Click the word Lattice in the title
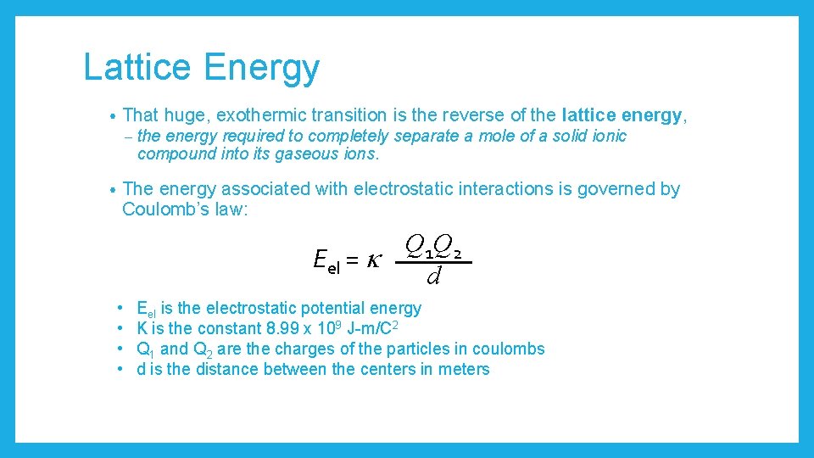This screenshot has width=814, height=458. point(137,68)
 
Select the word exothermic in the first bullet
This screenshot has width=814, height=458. point(265,115)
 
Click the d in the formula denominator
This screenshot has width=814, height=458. point(433,276)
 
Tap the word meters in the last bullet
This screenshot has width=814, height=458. point(466,369)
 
